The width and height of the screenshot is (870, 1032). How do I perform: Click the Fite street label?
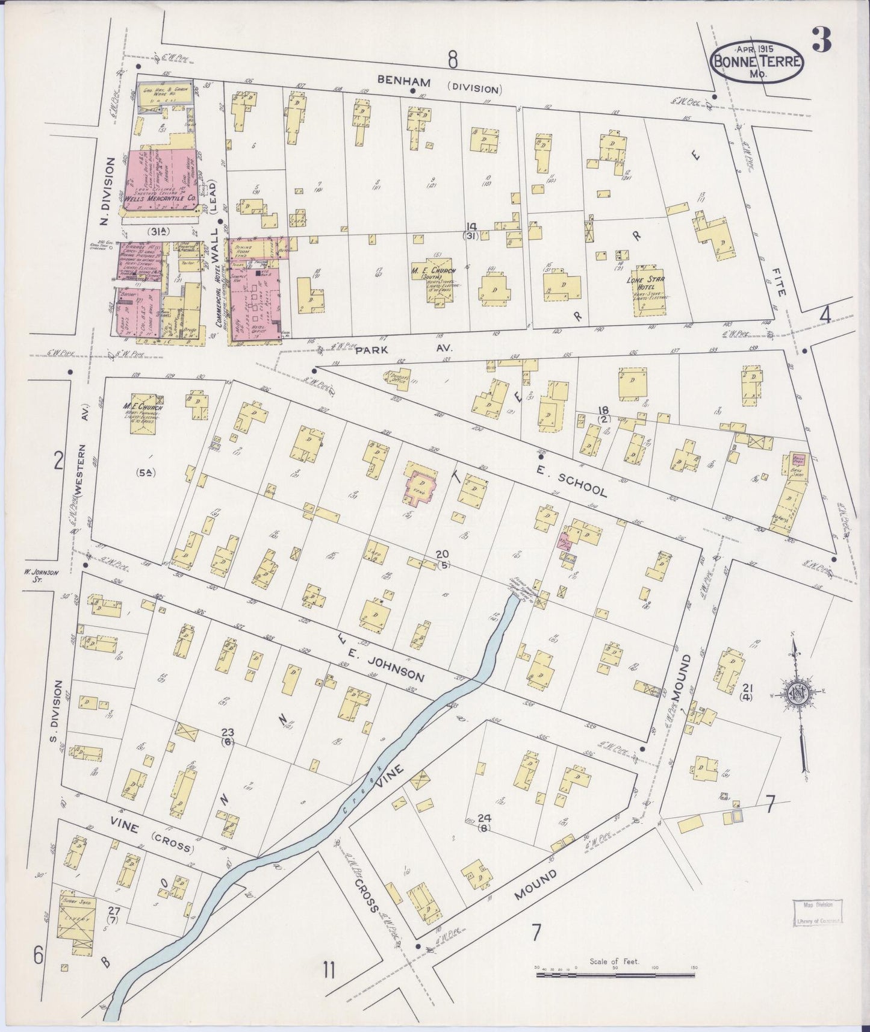(781, 282)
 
